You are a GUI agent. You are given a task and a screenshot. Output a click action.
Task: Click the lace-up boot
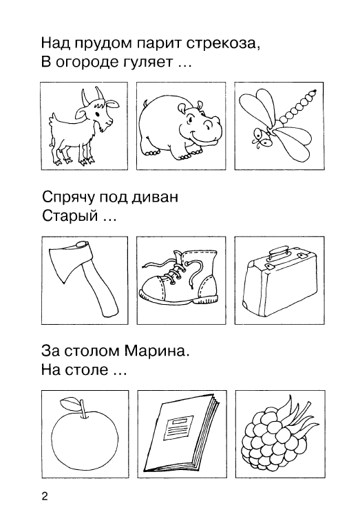coord(178,277)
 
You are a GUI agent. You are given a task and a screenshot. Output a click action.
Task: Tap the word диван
coord(155,197)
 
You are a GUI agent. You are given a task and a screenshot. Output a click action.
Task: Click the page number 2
coord(45,496)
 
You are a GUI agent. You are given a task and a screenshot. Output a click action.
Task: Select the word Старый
coord(70,217)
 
